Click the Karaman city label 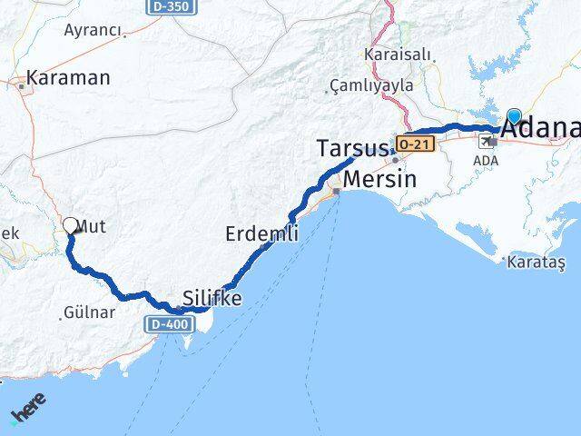pos(68,78)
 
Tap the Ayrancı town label pos(94,30)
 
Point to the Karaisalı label pos(397,54)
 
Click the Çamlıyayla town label pos(373,85)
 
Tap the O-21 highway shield pos(414,144)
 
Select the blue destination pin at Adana pos(515,116)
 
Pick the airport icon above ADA pos(487,142)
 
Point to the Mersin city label pos(380,179)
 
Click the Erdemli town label pos(261,234)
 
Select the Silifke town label pos(212,297)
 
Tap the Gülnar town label pos(89,313)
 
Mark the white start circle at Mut pos(71,225)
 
